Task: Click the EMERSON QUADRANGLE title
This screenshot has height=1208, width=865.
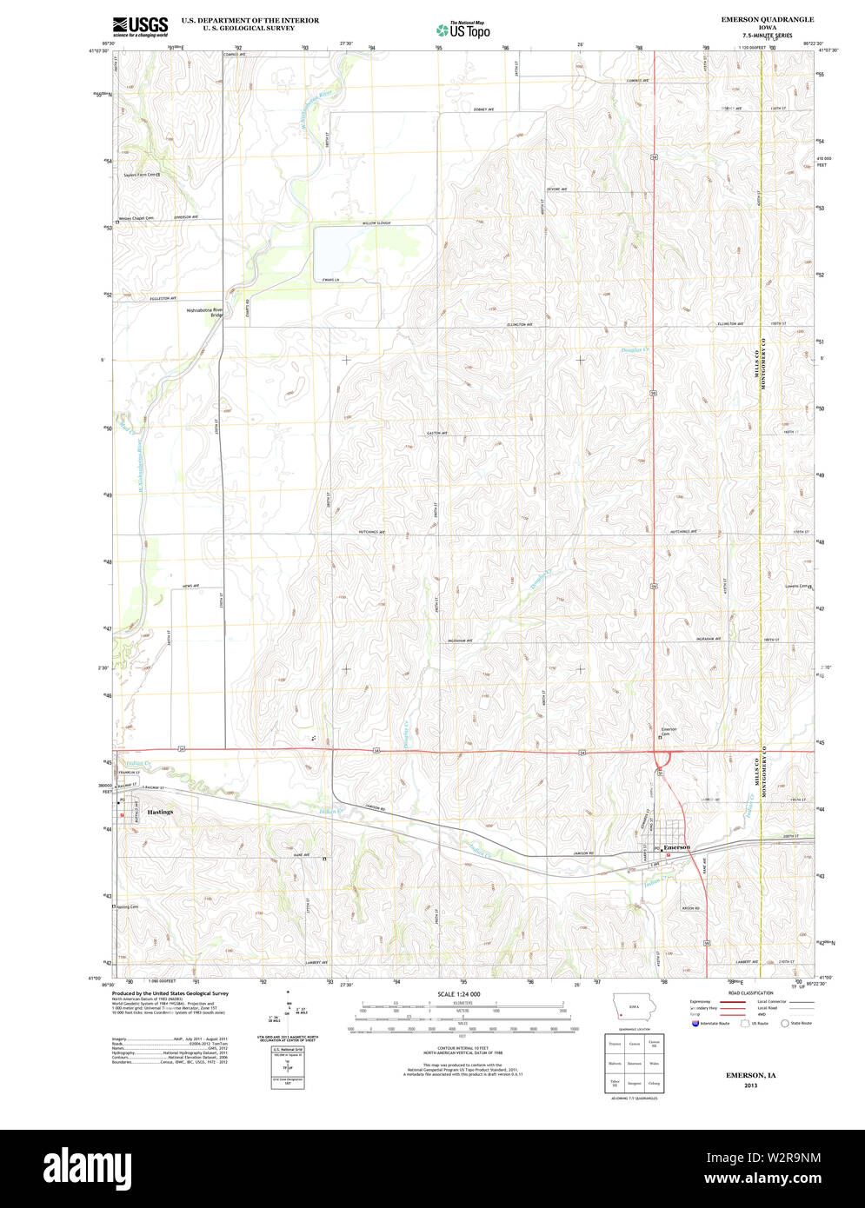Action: (x=755, y=19)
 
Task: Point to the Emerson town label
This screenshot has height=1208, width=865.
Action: (x=676, y=847)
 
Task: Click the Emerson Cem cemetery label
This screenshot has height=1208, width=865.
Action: (x=669, y=732)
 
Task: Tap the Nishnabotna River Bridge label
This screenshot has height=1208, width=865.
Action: (x=205, y=312)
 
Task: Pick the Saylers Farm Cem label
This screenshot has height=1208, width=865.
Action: (x=139, y=175)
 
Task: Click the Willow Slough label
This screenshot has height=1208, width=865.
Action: (x=376, y=223)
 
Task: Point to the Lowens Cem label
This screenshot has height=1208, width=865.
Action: (x=796, y=587)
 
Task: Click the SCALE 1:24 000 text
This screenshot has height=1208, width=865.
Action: (x=458, y=993)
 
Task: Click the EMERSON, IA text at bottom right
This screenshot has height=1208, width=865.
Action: (x=752, y=1076)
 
